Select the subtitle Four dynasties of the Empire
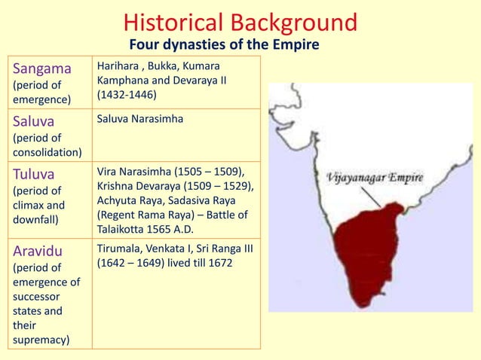[x=224, y=46]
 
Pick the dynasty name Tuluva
[x=36, y=174]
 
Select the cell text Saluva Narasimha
[x=140, y=119]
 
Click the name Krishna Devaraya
[x=140, y=186]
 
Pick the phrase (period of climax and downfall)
[x=41, y=205]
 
